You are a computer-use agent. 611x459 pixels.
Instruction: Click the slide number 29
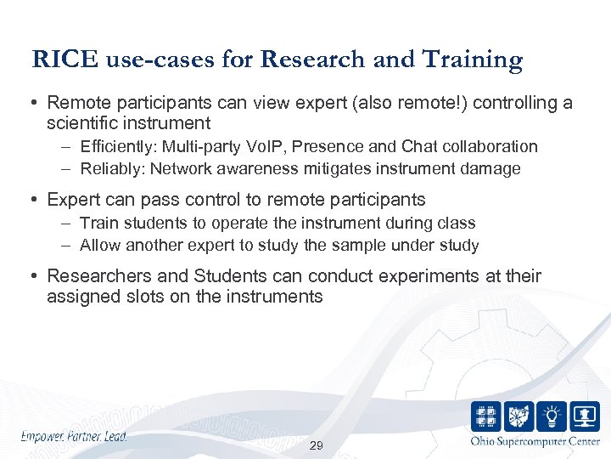pos(317,446)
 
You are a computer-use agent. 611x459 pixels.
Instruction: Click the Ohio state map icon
pos(519,416)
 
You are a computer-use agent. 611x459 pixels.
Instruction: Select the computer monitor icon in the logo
pos(585,416)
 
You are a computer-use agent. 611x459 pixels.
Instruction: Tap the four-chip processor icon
pos(486,416)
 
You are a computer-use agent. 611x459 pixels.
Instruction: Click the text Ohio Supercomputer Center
pos(535,441)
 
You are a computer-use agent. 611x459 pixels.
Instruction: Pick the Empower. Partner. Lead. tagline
pos(74,436)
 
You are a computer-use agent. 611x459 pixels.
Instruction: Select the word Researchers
pos(94,276)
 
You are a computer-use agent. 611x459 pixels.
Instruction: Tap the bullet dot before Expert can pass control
pos(36,201)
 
